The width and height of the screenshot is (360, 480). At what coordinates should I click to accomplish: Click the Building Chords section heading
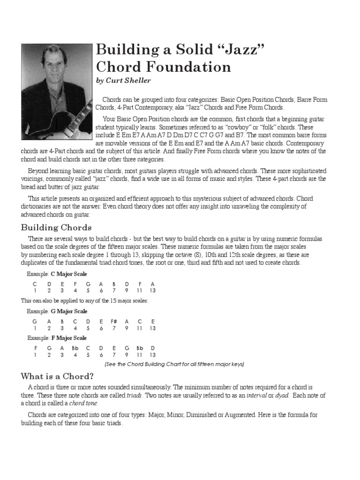[56, 228]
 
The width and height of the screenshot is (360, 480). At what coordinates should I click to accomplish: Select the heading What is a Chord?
[57, 376]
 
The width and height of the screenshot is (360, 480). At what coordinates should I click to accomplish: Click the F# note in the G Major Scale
[113, 321]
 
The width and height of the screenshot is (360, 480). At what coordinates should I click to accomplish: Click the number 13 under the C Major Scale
[153, 291]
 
